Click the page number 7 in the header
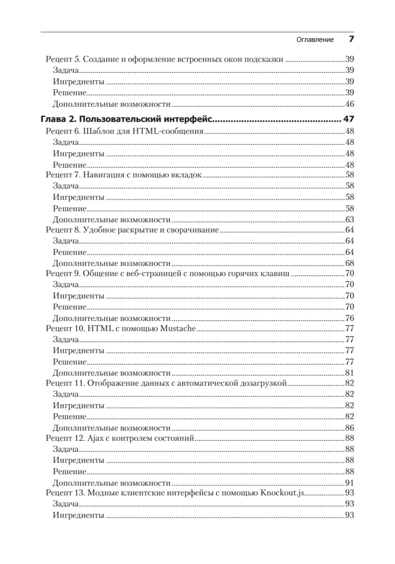(x=351, y=39)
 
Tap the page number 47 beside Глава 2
(x=348, y=119)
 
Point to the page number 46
(x=349, y=104)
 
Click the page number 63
(x=349, y=219)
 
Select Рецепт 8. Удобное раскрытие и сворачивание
(x=132, y=230)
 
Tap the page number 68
(x=349, y=263)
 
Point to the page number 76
(x=349, y=318)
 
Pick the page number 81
(x=349, y=373)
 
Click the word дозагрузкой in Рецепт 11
(x=266, y=384)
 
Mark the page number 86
(x=349, y=428)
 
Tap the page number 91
(x=349, y=483)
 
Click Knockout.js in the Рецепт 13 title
(x=283, y=493)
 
